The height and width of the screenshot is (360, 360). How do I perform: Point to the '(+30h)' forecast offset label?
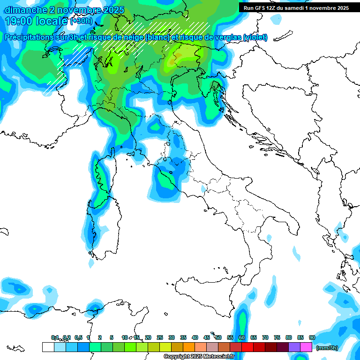(81, 22)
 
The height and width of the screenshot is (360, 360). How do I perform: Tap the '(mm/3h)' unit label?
(327, 348)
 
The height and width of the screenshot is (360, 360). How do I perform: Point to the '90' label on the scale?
(312, 337)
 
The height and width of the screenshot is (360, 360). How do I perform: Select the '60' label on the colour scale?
(241, 337)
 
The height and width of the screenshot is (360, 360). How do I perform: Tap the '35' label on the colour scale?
(183, 337)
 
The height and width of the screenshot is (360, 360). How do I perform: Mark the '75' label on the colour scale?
(277, 337)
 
